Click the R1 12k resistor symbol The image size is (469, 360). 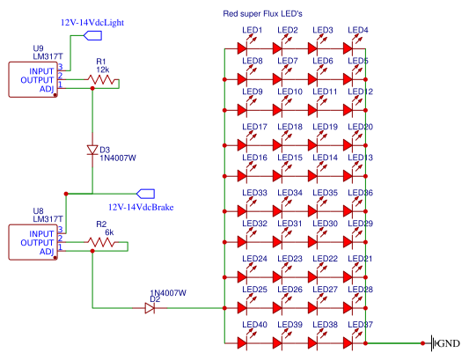point(101,79)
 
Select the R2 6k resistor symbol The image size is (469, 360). point(101,242)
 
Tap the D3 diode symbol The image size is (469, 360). point(92,150)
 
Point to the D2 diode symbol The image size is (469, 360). point(150,308)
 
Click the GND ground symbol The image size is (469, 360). point(433,343)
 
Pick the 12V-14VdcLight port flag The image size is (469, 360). point(92,35)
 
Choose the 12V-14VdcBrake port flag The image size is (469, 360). point(146,194)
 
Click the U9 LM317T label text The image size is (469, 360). point(48,52)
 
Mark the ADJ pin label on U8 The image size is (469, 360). point(47,252)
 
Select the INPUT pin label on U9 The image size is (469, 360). point(41,71)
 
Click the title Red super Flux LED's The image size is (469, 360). point(262,14)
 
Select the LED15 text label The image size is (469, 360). point(289,158)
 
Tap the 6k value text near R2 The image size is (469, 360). point(109,232)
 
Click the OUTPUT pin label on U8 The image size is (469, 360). point(37,243)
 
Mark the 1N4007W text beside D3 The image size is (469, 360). point(118,158)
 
